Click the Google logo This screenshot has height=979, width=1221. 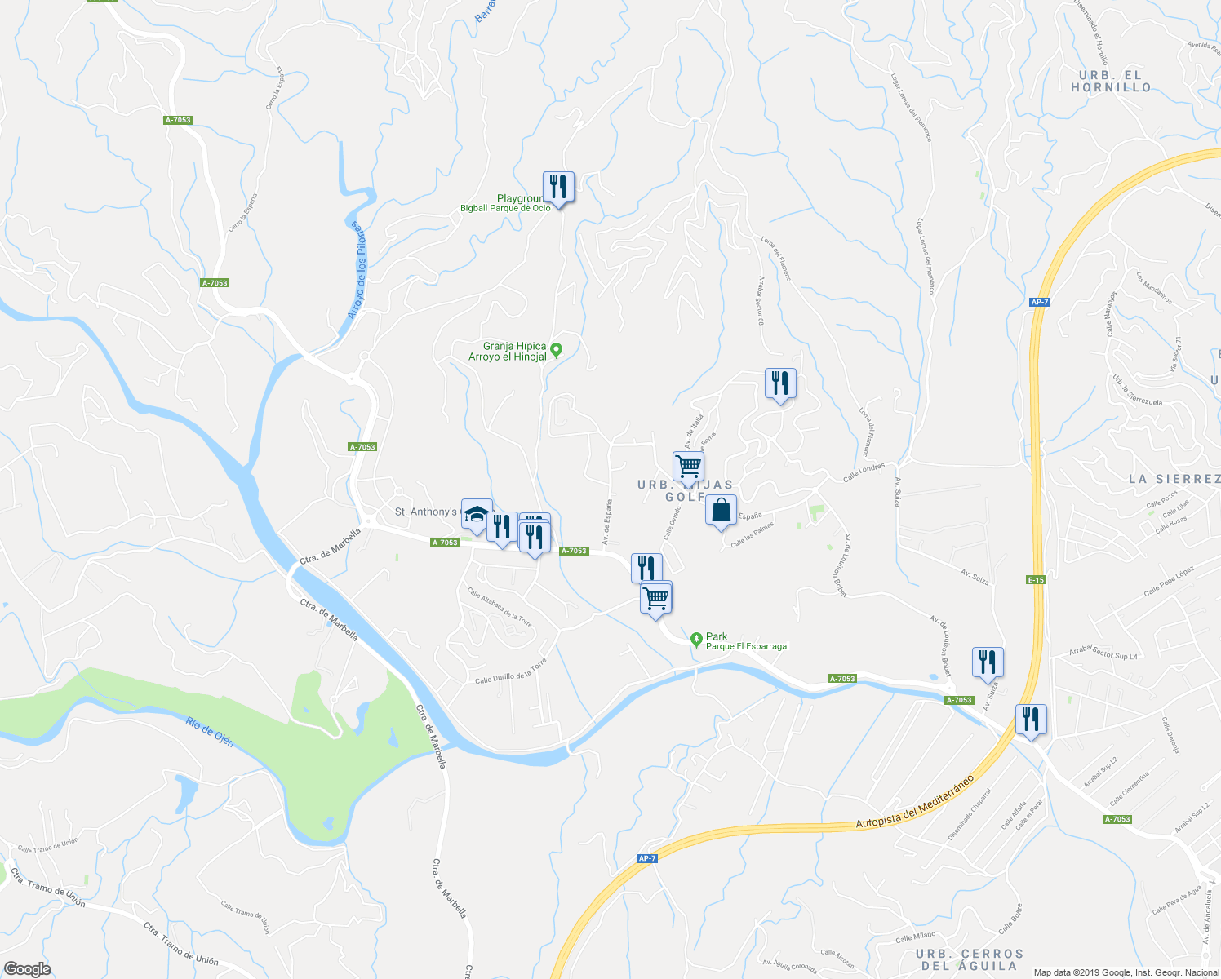[x=27, y=969]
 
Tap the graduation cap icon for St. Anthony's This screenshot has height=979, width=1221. [x=477, y=513]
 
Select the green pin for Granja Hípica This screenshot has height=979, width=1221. [x=557, y=351]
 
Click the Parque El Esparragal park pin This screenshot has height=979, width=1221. [x=695, y=640]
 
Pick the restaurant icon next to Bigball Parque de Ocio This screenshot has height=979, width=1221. [x=558, y=187]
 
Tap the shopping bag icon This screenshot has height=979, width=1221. [x=721, y=511]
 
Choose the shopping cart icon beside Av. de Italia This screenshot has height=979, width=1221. [x=688, y=467]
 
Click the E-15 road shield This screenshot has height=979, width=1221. [x=1036, y=579]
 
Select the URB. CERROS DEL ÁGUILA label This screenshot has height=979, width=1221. [x=969, y=959]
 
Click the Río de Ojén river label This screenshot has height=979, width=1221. [x=210, y=732]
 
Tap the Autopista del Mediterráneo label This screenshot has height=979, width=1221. [x=915, y=801]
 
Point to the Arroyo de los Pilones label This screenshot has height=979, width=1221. [x=357, y=270]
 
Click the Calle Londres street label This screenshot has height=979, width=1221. [x=864, y=472]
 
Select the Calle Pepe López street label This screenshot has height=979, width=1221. [x=1169, y=580]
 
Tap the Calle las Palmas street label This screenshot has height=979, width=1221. [x=752, y=536]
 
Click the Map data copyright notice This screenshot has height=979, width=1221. [x=1126, y=972]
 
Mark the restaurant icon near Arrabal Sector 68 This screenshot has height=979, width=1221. [x=780, y=383]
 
